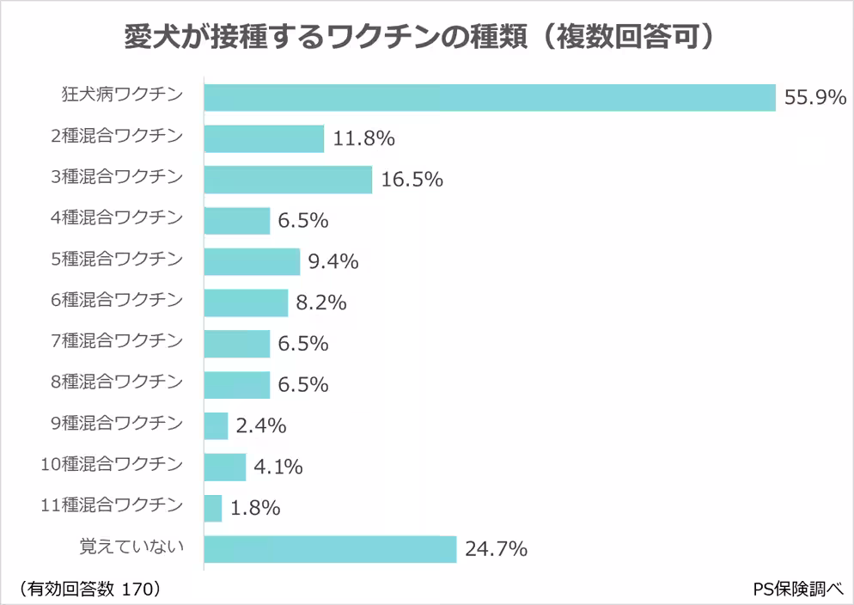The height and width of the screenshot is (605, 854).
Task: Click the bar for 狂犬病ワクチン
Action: point(490,97)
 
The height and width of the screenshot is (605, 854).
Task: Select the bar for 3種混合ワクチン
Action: point(288,180)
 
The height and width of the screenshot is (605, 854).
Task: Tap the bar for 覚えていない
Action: point(330,548)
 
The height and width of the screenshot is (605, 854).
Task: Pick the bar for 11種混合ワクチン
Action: point(213,508)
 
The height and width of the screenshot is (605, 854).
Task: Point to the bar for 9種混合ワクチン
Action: point(216,425)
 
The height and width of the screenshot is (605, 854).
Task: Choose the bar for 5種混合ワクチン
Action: point(252,261)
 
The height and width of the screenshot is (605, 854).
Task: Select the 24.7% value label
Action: point(495,548)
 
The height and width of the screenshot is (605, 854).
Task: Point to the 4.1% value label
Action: point(278,467)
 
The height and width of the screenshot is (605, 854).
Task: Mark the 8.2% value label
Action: point(320,302)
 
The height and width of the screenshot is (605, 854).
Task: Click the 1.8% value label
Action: point(255,508)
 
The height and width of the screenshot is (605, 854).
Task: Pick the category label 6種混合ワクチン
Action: point(117,300)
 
